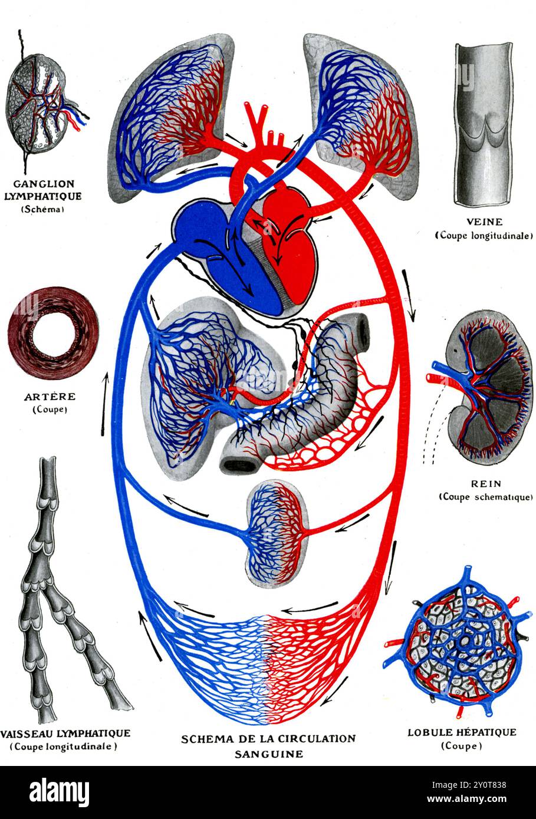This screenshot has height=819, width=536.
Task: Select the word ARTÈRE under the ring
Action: [x=51, y=397]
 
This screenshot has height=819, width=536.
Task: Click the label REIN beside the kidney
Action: [x=485, y=484]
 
